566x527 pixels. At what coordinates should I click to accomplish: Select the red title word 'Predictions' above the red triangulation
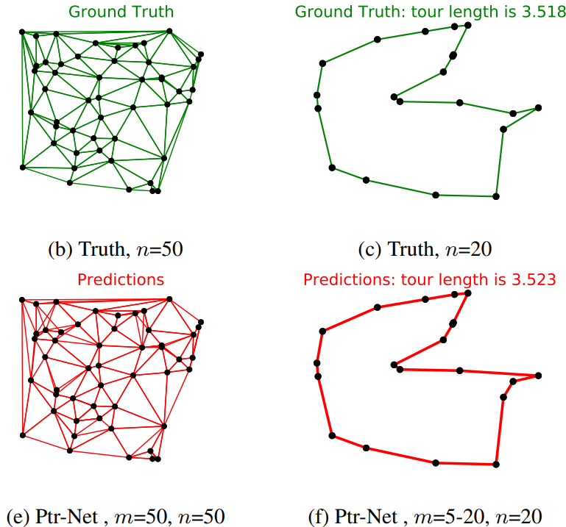(121, 280)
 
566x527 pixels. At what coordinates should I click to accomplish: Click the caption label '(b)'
(60, 250)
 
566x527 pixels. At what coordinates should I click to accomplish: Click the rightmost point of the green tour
(539, 108)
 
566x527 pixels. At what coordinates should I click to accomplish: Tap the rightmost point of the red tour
(539, 376)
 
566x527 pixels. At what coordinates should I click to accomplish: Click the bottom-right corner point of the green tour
(496, 196)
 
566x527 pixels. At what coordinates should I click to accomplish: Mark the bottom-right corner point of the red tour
(496, 465)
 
